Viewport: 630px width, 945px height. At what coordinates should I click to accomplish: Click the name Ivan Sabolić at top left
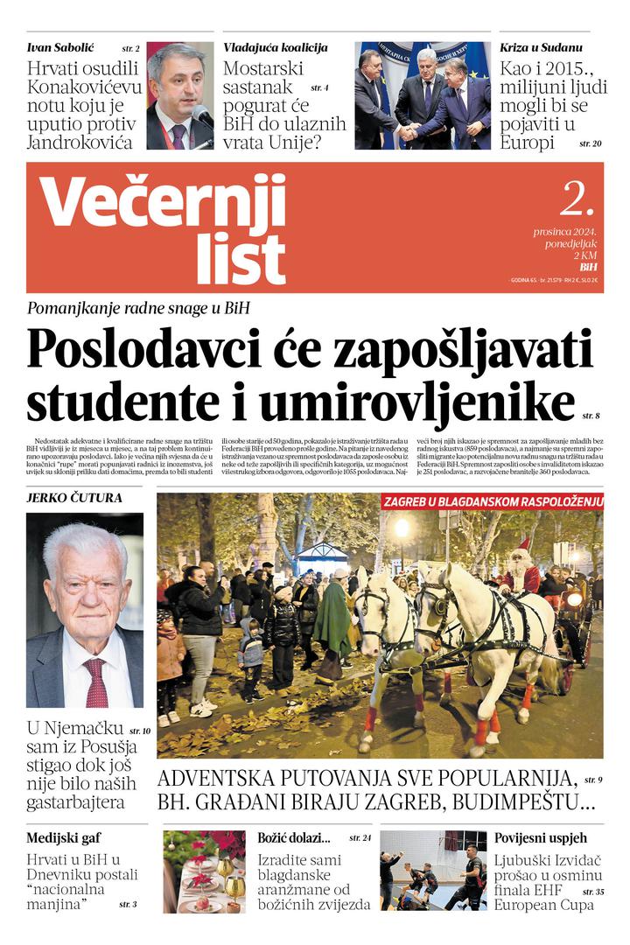(60, 47)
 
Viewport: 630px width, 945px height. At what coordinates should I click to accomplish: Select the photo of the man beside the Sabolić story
(179, 95)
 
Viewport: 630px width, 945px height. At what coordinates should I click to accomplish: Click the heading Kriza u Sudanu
(541, 47)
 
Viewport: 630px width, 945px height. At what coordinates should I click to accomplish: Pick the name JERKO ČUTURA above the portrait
(74, 498)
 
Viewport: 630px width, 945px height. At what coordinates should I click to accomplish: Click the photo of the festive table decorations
(204, 871)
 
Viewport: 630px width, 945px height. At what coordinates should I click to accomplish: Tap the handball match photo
(432, 871)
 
